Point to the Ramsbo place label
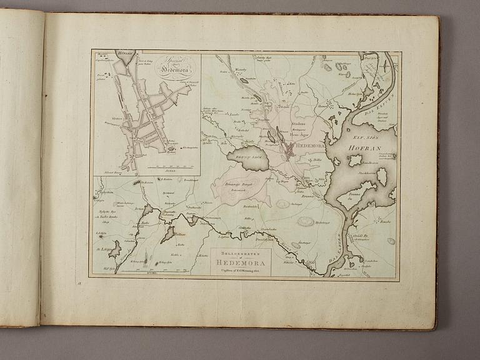(x=381, y=222)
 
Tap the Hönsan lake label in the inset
(x=124, y=54)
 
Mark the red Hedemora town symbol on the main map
(x=290, y=149)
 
